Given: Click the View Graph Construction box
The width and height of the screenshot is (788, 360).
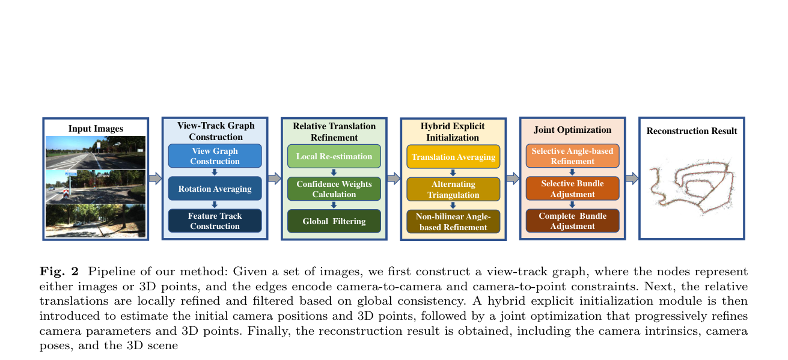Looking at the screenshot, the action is [x=215, y=156].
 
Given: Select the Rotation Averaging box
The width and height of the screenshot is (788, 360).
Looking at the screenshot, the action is [x=215, y=188].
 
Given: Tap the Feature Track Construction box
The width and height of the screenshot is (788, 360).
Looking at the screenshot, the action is [x=215, y=221].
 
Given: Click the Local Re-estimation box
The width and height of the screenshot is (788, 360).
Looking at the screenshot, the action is [x=334, y=156].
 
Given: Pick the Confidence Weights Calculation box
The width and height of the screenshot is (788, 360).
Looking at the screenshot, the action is [x=334, y=189].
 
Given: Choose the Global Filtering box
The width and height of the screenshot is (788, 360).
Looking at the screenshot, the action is [x=334, y=221].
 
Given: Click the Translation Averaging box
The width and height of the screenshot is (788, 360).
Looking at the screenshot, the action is [x=453, y=157].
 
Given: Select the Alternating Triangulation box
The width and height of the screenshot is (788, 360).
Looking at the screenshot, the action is [x=453, y=189].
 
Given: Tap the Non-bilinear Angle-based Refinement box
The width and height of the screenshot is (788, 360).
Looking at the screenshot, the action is [x=453, y=221].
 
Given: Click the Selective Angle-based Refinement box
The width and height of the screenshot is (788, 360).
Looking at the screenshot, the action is [x=573, y=156].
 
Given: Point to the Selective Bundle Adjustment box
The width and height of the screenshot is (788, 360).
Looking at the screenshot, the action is [x=573, y=188].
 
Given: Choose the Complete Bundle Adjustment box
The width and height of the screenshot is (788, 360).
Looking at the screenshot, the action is [x=573, y=221].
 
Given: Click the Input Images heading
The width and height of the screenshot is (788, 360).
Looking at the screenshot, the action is [x=96, y=129].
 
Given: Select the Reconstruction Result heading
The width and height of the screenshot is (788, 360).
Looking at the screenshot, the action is [x=692, y=131].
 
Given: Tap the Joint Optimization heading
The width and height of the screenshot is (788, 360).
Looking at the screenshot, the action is [x=572, y=130].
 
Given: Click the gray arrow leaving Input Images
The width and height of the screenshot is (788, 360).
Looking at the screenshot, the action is [x=155, y=178].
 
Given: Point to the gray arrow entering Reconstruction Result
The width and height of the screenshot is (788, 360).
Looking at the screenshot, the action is [x=632, y=178].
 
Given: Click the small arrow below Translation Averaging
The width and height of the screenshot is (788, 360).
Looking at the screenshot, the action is [x=453, y=172].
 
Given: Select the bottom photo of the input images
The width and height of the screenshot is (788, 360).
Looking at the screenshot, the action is [x=96, y=221].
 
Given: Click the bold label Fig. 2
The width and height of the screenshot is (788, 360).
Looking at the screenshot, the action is [x=59, y=271].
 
